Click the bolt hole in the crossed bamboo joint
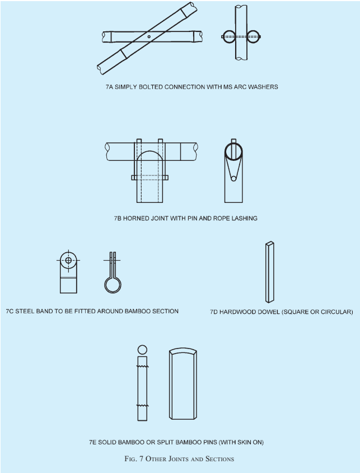click(x=149, y=37)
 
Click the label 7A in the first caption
click(x=109, y=87)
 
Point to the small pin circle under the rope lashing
click(x=233, y=179)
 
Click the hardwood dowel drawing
click(x=270, y=272)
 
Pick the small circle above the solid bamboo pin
click(x=143, y=350)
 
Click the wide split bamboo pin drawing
click(x=183, y=383)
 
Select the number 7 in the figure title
click(x=142, y=459)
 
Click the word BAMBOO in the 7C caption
click(x=137, y=311)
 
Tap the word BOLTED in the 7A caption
click(x=151, y=87)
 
